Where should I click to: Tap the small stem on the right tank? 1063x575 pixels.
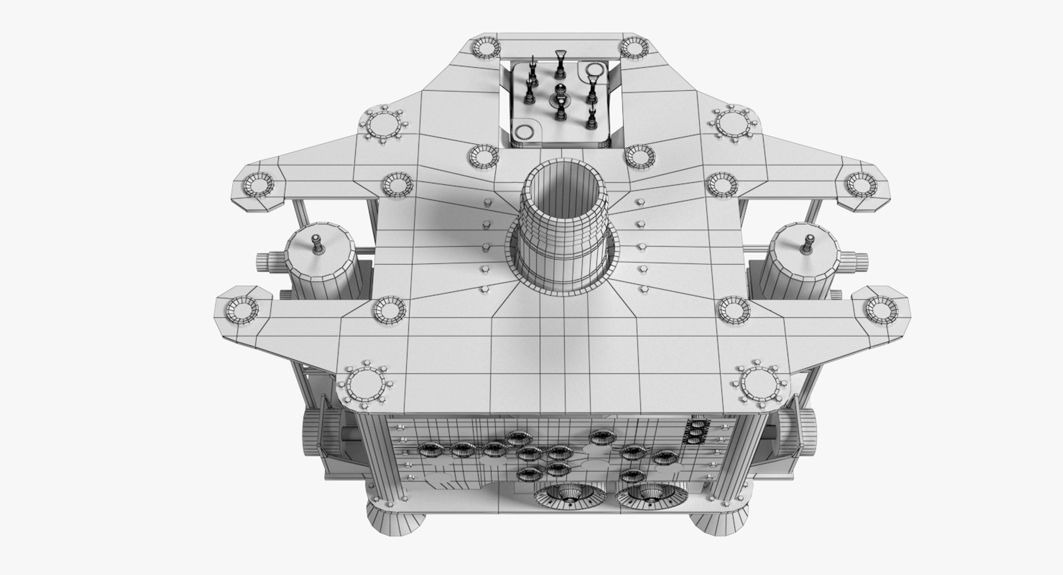point(806,244)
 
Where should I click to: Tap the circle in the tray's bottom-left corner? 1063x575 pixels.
point(523,132)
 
